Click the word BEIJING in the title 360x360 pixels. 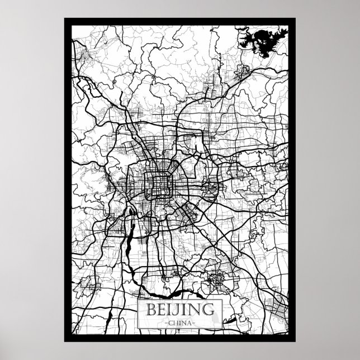tap(179, 309)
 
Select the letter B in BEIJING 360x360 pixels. tap(151, 309)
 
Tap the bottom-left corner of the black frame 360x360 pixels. tap(66, 339)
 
